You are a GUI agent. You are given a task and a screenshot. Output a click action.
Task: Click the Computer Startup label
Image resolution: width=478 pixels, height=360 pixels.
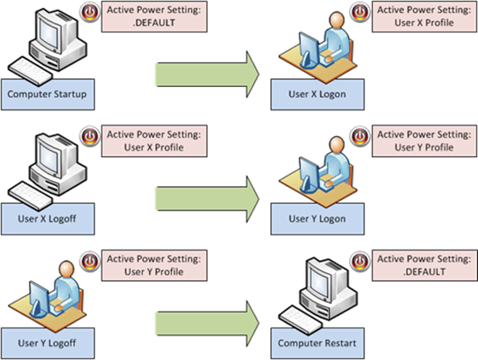(46, 95)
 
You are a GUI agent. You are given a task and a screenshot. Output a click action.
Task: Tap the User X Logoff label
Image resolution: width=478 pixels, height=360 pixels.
(46, 217)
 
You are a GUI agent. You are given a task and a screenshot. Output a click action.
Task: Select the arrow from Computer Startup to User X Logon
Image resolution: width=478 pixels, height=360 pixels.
(206, 75)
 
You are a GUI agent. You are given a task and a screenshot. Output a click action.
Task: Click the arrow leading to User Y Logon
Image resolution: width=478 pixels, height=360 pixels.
(206, 197)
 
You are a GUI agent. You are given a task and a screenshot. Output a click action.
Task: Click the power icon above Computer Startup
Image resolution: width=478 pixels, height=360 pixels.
(90, 14)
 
